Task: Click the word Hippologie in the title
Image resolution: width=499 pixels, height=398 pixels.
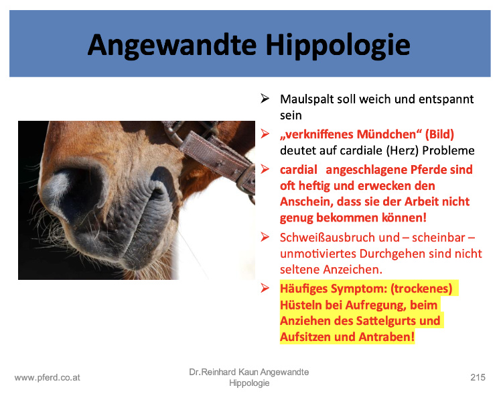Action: click(338, 46)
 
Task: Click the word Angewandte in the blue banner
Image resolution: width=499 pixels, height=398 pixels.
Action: click(172, 46)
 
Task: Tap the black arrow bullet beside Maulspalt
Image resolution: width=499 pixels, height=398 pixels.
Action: click(265, 99)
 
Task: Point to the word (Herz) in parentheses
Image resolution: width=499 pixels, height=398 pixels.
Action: click(403, 150)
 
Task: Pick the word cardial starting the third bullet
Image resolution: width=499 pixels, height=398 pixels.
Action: click(299, 170)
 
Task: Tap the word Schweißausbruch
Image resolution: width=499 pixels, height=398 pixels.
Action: click(340, 238)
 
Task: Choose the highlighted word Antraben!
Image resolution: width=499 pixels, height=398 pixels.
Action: click(386, 337)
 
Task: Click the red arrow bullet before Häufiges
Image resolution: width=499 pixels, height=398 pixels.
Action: click(265, 288)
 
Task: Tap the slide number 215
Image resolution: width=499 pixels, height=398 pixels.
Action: click(478, 377)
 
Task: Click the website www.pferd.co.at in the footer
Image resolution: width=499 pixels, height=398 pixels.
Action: click(48, 378)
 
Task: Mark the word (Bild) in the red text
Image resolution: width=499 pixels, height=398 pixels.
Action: click(439, 134)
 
